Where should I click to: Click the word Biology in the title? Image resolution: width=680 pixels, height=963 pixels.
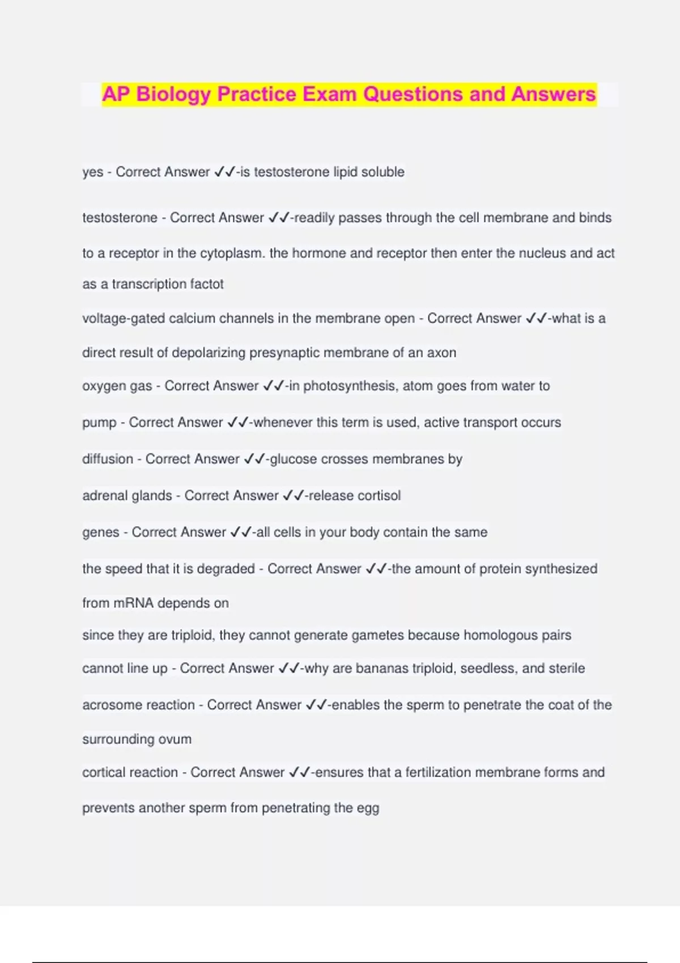tap(173, 94)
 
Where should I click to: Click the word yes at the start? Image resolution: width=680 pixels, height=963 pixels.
tap(92, 172)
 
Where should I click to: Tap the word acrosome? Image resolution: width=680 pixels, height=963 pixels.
tap(109, 705)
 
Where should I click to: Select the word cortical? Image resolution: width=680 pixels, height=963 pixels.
tap(103, 773)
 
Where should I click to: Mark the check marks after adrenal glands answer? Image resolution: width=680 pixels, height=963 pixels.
tap(293, 496)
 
